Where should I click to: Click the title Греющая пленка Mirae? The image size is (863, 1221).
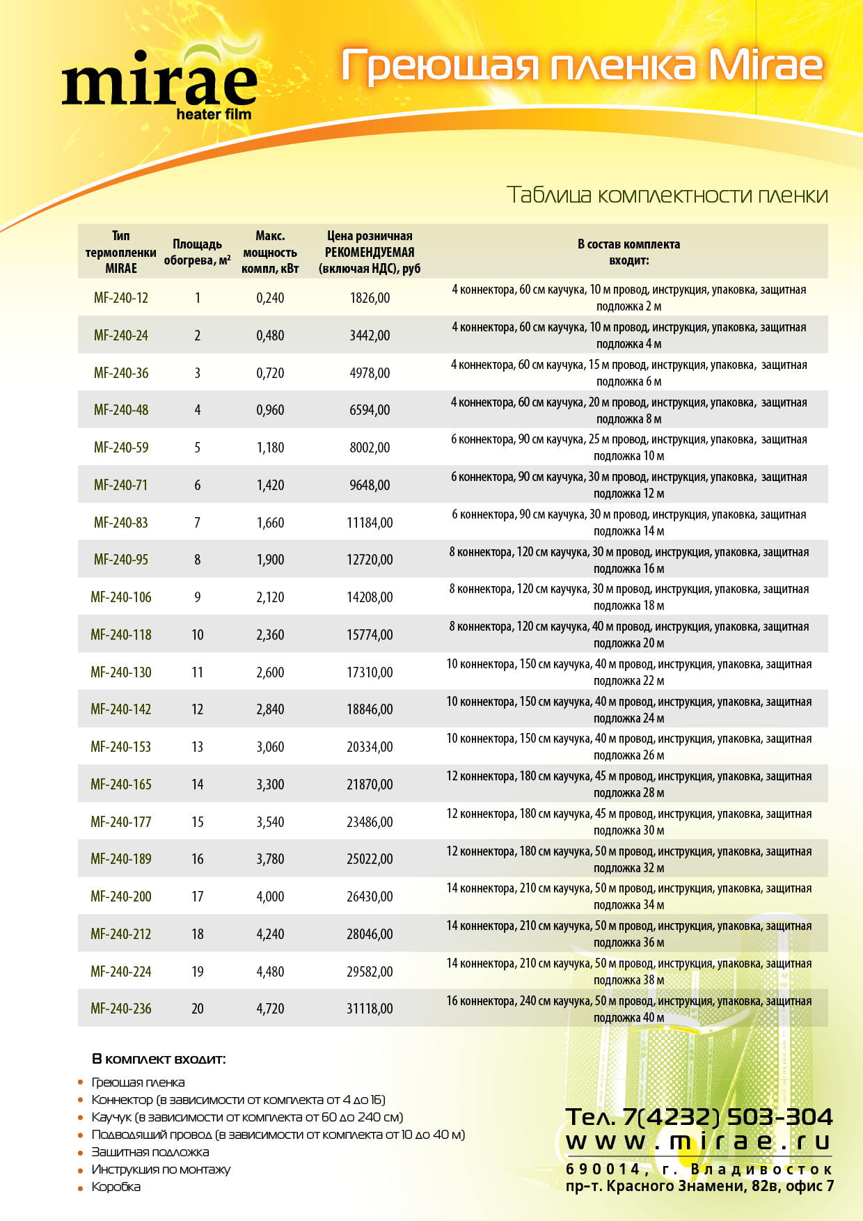pos(583,66)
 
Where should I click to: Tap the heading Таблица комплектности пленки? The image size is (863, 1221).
pos(667,195)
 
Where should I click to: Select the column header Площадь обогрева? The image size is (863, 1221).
pos(197,252)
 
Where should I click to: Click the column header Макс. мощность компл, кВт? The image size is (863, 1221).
pos(270,252)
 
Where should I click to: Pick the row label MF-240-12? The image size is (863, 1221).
pos(121,298)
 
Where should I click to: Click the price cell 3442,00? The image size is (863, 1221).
pos(370,336)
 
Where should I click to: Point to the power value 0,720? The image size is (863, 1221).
pos(270,373)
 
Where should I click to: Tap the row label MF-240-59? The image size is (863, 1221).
pos(121,448)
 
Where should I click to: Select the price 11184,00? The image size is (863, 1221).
pos(370,523)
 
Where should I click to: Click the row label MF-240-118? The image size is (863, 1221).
pos(121,635)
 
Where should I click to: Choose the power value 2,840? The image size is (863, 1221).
pos(270,709)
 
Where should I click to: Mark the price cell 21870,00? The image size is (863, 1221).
pos(370,785)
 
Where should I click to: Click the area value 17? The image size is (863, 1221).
pos(198,897)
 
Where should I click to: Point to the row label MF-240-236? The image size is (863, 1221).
pos(121,1009)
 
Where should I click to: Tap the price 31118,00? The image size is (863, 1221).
pos(370,1009)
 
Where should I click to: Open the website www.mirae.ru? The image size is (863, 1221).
pos(699,1142)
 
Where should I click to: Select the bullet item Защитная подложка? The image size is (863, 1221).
pos(150,1152)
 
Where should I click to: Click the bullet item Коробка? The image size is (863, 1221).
pos(116,1187)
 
